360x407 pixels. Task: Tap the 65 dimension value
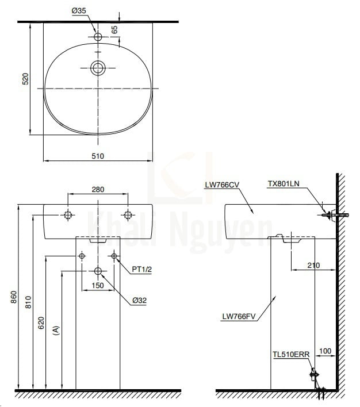click(x=115, y=28)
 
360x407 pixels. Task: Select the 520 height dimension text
click(x=25, y=79)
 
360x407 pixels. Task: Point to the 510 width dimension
click(x=98, y=155)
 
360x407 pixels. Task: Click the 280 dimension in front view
click(x=98, y=189)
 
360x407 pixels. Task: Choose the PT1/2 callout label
click(x=141, y=268)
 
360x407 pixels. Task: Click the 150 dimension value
click(x=98, y=285)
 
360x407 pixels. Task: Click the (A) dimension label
click(x=56, y=330)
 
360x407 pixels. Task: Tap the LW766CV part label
click(x=221, y=185)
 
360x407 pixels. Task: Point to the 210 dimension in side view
click(x=313, y=266)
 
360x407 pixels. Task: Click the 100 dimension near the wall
click(x=326, y=350)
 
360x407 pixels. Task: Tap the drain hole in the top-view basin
click(x=98, y=68)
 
